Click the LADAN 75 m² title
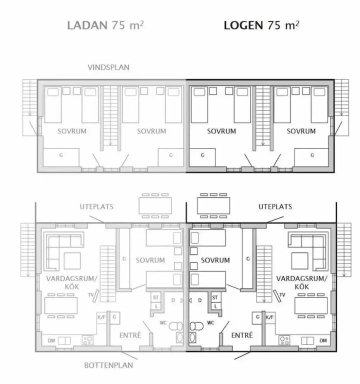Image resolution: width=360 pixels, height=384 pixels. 105,25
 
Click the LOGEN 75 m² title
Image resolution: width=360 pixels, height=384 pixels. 261,25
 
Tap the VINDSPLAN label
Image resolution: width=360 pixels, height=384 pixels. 108,67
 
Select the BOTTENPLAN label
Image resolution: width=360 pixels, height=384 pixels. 108,365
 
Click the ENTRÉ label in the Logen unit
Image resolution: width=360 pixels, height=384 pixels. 242,335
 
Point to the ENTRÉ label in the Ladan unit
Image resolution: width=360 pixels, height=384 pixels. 130,335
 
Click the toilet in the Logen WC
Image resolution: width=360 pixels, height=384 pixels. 196,326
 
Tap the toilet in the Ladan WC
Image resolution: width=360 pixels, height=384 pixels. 176,326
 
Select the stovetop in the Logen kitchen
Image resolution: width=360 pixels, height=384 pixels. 284,340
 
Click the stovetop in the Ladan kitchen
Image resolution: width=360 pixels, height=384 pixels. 87,340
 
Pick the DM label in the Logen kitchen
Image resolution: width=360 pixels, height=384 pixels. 323,340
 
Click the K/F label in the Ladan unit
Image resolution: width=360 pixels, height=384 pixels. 101,317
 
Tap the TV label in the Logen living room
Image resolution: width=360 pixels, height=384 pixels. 282,295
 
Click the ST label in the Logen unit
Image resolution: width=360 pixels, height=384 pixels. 215,297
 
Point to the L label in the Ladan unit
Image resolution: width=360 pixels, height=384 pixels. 156,306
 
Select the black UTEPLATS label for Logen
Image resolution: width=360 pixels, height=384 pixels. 275,206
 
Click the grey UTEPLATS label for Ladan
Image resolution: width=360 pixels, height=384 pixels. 96,206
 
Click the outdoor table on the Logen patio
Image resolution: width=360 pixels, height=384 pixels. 213,205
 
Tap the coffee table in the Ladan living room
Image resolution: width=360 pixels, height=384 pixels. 72,261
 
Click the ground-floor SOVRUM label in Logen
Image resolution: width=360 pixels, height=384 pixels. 215,260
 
